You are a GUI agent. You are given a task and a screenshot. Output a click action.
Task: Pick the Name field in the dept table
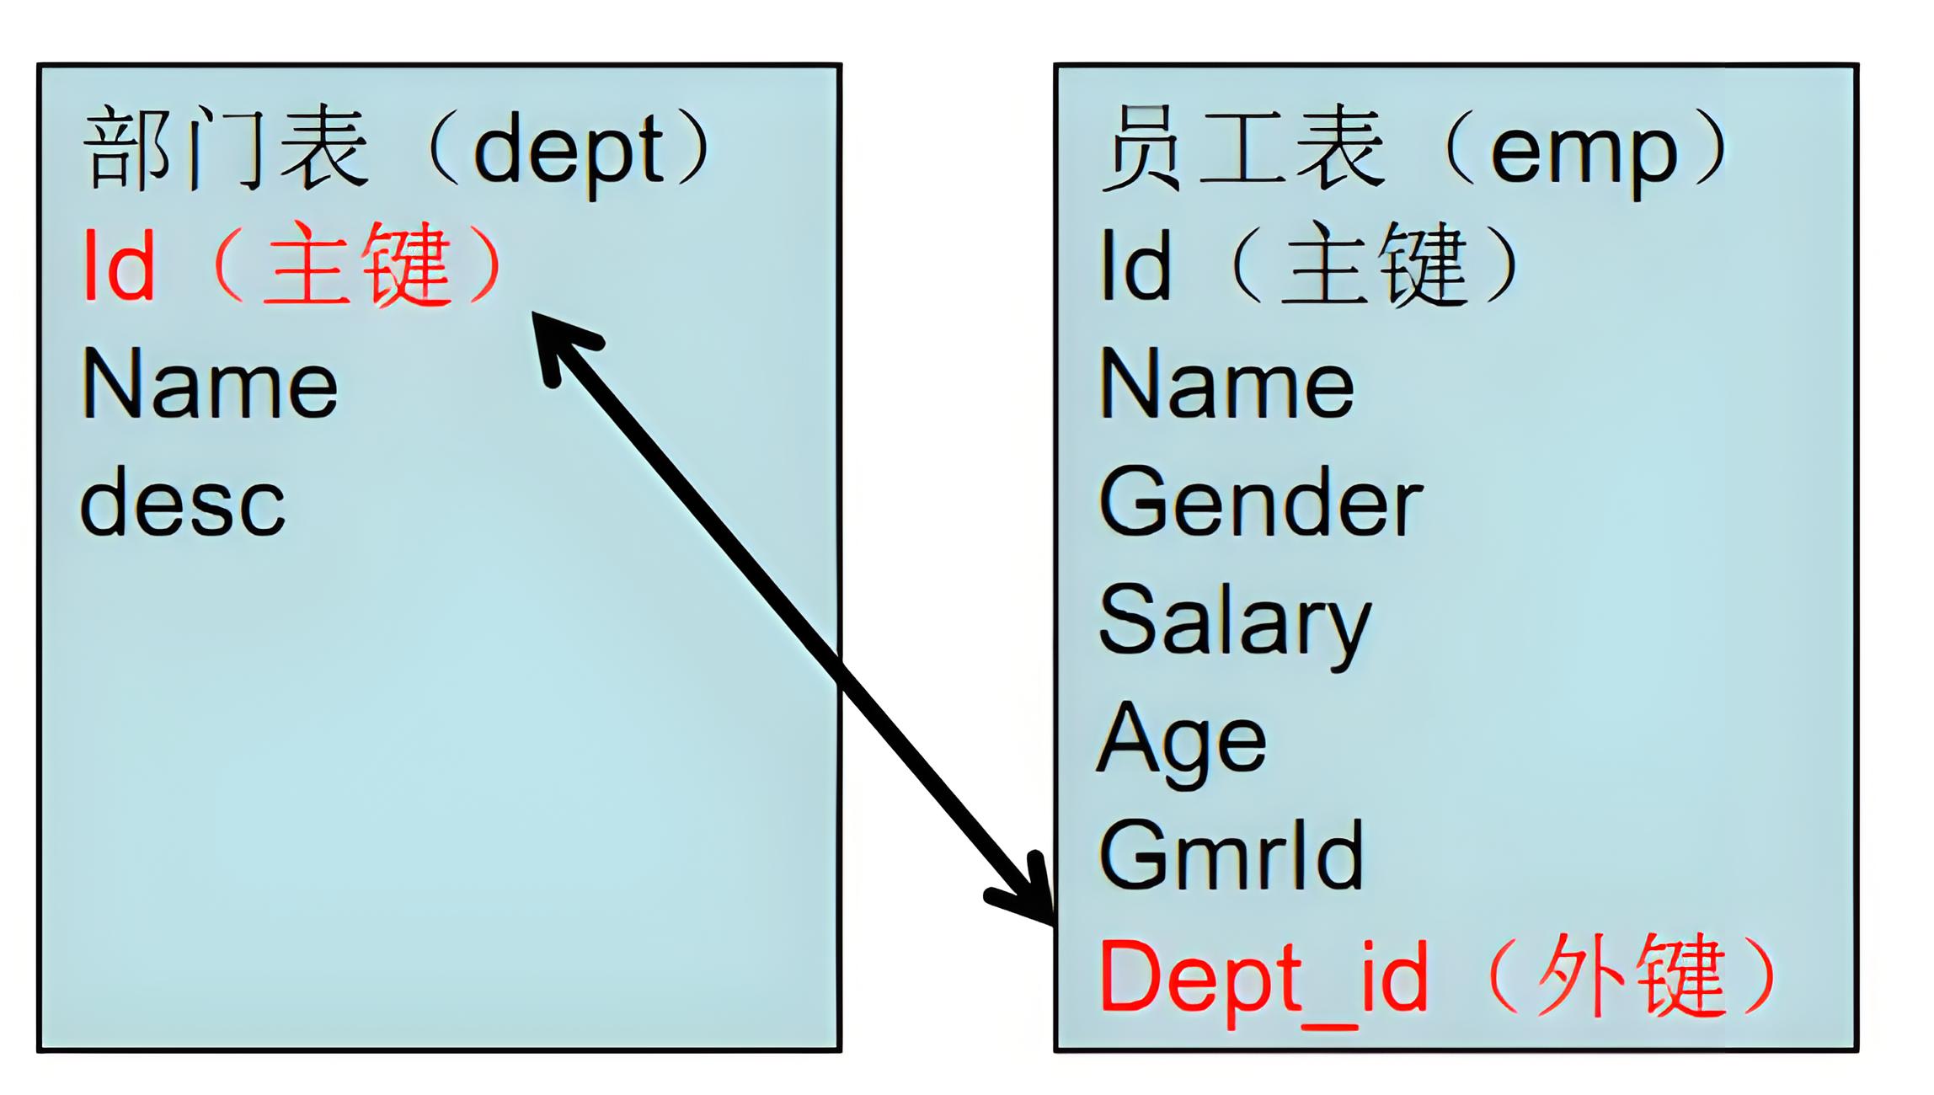pyautogui.click(x=210, y=385)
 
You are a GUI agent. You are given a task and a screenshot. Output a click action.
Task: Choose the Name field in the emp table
pyautogui.click(x=1226, y=385)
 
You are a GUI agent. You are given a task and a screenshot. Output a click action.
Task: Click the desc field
pyautogui.click(x=183, y=504)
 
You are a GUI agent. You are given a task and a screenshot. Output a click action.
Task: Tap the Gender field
pyautogui.click(x=1261, y=504)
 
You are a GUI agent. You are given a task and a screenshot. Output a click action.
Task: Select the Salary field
pyautogui.click(x=1235, y=623)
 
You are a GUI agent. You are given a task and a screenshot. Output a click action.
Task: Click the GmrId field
pyautogui.click(x=1231, y=857)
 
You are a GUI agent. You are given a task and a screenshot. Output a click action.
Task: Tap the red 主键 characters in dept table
pyautogui.click(x=357, y=265)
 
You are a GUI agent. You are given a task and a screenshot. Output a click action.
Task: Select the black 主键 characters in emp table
pyautogui.click(x=1375, y=265)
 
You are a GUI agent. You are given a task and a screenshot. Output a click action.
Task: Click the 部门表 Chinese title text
pyautogui.click(x=226, y=150)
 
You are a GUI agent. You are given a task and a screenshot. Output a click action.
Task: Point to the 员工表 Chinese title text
pyautogui.click(x=1243, y=150)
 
